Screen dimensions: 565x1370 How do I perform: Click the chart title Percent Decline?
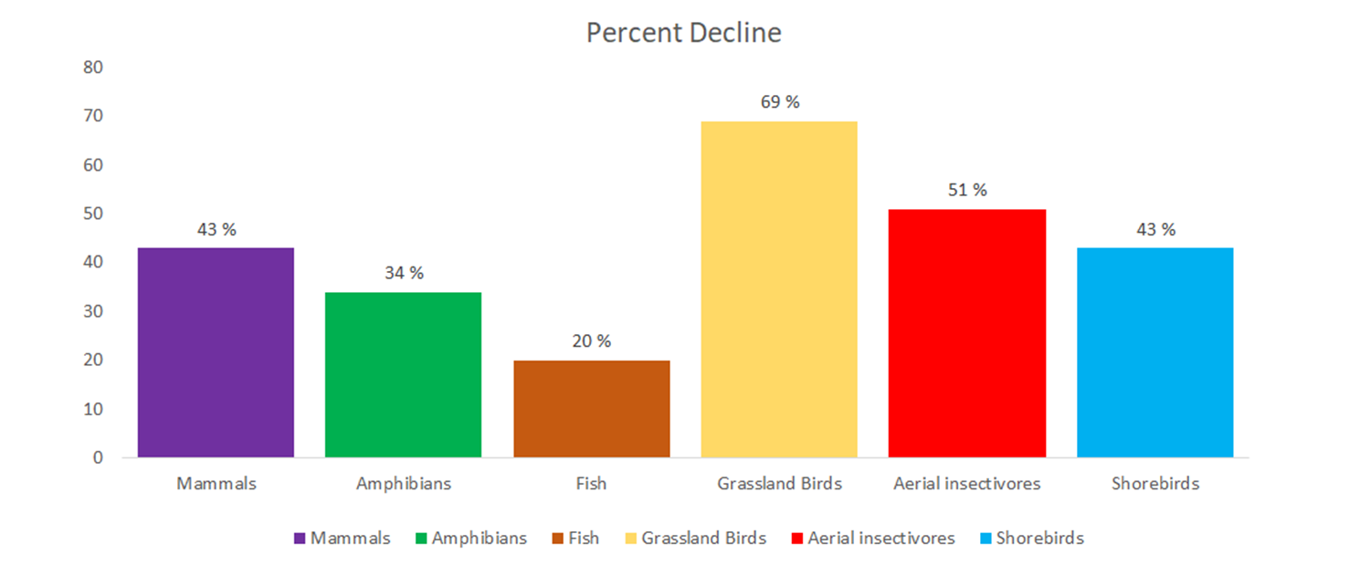(683, 33)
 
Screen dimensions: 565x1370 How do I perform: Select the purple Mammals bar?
(216, 352)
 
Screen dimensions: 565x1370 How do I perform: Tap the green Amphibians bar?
(403, 374)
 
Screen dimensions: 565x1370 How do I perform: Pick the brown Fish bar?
(591, 408)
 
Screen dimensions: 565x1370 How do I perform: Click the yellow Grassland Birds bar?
(779, 289)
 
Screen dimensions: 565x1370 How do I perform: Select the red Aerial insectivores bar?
(966, 333)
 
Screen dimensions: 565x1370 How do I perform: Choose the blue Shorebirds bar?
(1154, 352)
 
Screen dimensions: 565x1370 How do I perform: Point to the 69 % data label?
(779, 102)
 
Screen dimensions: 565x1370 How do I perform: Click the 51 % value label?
(966, 190)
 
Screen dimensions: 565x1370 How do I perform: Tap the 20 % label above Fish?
(591, 341)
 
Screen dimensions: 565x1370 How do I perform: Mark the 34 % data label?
(403, 273)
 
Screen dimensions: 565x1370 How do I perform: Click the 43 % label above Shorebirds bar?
(1154, 229)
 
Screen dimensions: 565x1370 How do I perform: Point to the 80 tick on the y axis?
(93, 68)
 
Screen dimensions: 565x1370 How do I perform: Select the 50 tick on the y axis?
(93, 214)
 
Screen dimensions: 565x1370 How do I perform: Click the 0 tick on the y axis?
(98, 458)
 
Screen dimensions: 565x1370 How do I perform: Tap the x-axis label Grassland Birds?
(779, 484)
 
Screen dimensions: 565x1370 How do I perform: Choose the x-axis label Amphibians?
(403, 484)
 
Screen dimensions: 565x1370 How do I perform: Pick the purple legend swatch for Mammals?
(300, 539)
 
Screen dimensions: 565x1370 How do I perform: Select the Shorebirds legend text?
(1039, 539)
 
